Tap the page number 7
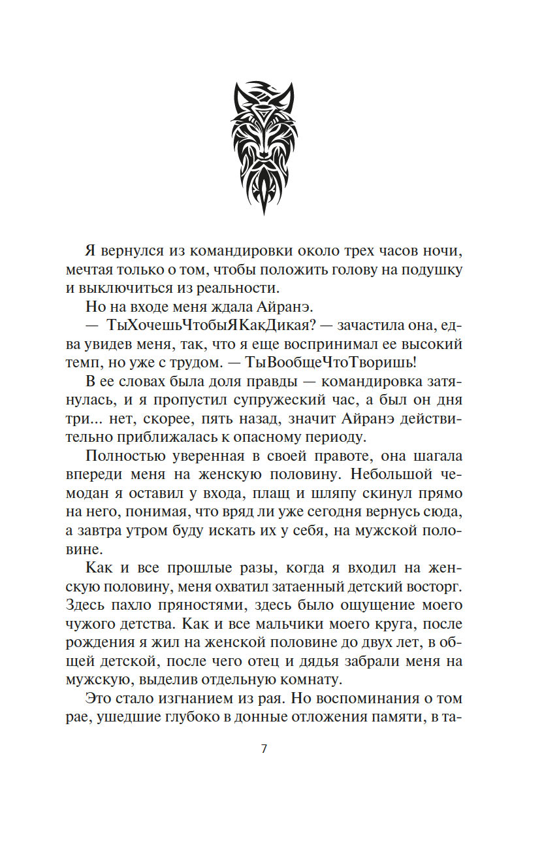[264, 749]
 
